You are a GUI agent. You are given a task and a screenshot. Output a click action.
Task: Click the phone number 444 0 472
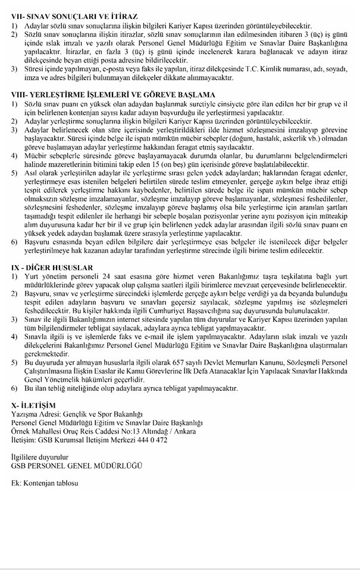(152, 440)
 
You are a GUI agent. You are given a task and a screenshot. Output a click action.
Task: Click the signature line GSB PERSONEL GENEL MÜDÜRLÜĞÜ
(74, 465)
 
